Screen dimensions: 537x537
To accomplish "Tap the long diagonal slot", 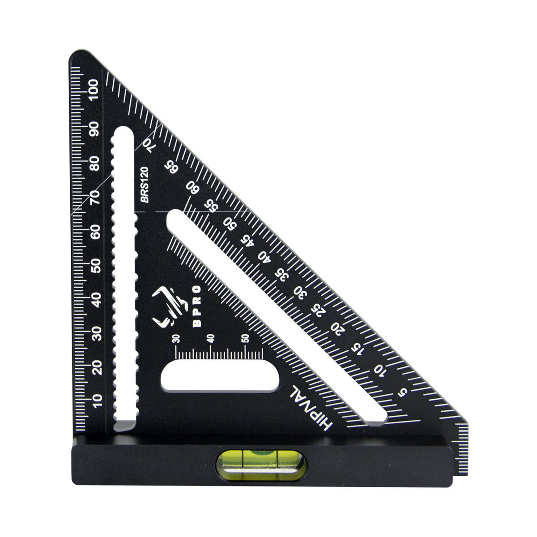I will coord(277,318).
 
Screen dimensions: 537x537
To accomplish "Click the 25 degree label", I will coord(318,310).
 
